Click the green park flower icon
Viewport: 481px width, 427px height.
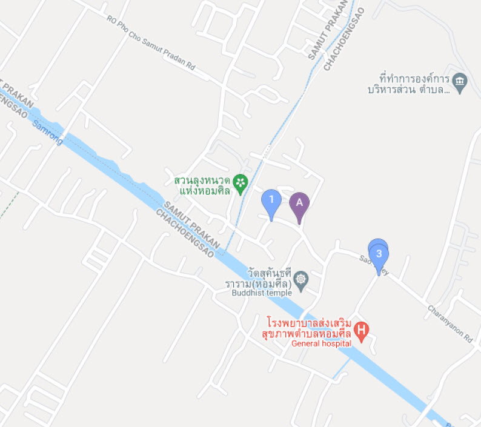[241, 182]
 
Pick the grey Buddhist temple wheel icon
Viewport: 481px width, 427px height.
[301, 280]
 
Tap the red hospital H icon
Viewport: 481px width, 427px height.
[362, 330]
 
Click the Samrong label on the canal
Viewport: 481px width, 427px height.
[47, 130]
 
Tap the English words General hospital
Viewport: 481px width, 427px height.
[321, 343]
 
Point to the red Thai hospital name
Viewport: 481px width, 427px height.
[310, 327]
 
